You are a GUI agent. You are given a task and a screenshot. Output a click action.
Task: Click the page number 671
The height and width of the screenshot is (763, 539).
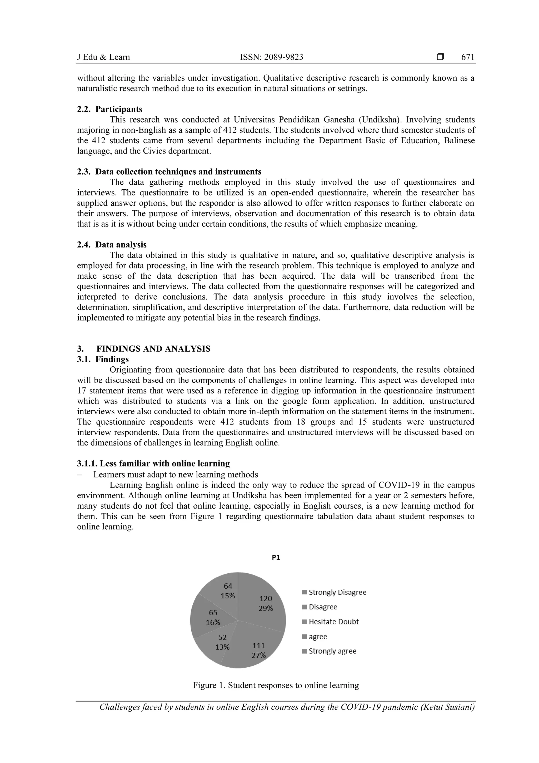pyautogui.click(x=468, y=57)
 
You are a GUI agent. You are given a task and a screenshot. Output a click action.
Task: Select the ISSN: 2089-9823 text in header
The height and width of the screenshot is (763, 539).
pyautogui.click(x=271, y=57)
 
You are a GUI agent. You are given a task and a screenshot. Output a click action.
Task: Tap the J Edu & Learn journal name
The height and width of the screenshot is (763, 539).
pyautogui.click(x=103, y=57)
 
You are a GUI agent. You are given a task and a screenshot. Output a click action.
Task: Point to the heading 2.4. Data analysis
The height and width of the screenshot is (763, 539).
pyautogui.click(x=112, y=245)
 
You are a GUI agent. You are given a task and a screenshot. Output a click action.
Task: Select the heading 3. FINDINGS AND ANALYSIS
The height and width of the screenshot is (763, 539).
pyautogui.click(x=143, y=349)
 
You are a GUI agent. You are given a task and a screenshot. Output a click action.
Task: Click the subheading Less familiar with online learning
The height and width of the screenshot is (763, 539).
pyautogui.click(x=153, y=464)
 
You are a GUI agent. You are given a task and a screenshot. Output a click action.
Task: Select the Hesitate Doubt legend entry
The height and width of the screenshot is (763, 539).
pyautogui.click(x=331, y=622)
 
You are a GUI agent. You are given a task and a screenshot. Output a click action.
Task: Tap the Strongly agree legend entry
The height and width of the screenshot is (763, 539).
pyautogui.click(x=329, y=651)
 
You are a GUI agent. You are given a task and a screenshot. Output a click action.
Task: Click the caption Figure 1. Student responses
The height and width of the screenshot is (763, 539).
pyautogui.click(x=276, y=685)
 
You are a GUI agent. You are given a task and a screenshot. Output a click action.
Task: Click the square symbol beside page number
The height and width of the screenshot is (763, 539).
pyautogui.click(x=440, y=57)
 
